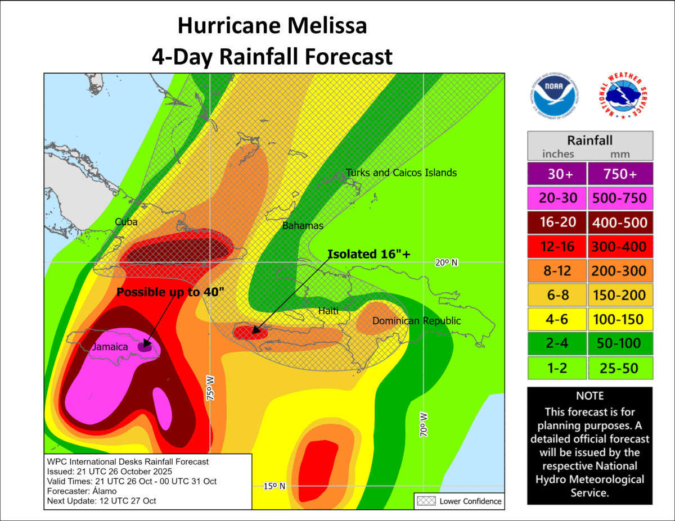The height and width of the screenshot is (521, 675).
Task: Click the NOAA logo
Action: [553, 97]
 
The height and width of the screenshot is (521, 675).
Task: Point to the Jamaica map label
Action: [110, 347]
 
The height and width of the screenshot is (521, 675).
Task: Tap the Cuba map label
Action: [126, 221]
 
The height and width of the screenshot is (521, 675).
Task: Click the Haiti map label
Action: [328, 311]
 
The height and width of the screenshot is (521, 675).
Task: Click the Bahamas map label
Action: [303, 225]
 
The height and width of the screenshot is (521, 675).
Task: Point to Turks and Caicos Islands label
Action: [401, 173]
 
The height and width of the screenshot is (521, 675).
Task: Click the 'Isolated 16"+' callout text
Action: [369, 254]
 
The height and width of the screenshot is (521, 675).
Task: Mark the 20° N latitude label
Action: [447, 262]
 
